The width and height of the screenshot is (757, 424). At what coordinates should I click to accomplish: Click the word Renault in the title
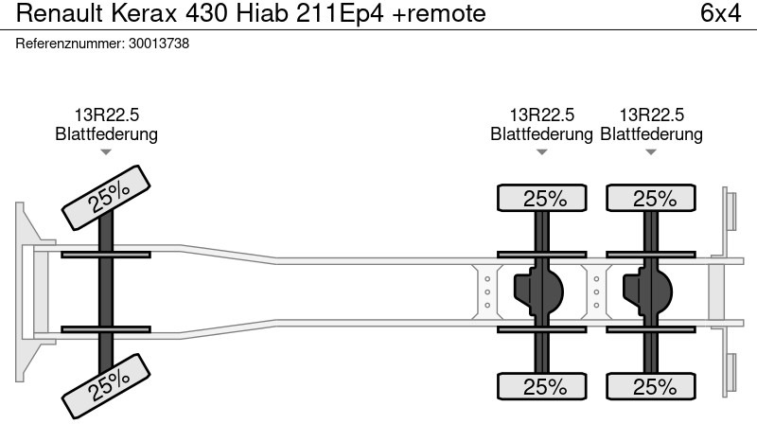coord(60,13)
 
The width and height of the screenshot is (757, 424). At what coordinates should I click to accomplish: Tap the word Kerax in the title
coord(144,13)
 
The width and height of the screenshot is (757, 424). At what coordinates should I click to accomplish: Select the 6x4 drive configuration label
coord(720,13)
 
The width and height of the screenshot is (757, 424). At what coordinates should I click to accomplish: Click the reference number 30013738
coord(159,44)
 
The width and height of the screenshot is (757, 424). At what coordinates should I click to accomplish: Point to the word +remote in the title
coord(439,13)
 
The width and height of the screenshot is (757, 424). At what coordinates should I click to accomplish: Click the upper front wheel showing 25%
coord(106,198)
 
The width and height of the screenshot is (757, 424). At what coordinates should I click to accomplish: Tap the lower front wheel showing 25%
coord(106,386)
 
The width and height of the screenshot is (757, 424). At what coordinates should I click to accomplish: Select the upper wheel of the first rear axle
coord(541,198)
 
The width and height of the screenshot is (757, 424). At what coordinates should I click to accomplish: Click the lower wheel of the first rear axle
coord(541,386)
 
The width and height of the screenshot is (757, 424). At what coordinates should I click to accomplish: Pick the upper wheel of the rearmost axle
coord(651,198)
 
